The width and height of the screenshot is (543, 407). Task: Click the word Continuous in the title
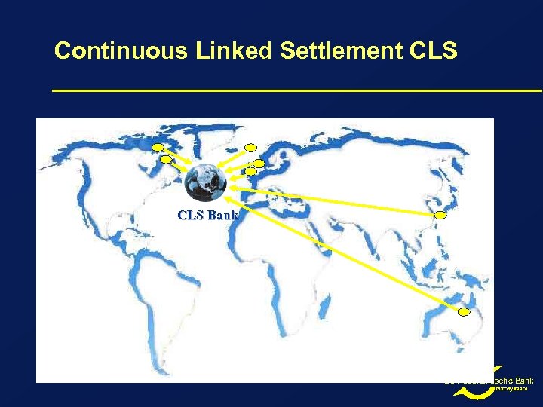tap(121, 51)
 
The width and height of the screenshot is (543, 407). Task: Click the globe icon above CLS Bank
tap(205, 182)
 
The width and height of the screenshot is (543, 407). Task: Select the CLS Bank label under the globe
tap(207, 215)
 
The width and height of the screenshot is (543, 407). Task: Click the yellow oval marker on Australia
tap(465, 312)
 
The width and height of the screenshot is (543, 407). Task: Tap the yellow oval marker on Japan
tap(441, 215)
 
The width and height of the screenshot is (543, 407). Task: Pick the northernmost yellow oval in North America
tap(158, 147)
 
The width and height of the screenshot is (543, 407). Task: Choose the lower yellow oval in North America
tap(165, 160)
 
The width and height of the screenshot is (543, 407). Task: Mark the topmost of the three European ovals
tap(251, 147)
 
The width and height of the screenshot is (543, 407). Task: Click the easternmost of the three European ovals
tap(259, 163)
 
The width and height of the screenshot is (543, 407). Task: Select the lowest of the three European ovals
tap(251, 172)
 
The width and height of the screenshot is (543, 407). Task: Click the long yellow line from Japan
tap(339, 203)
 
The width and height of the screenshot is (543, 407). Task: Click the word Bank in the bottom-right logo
tap(523, 381)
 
